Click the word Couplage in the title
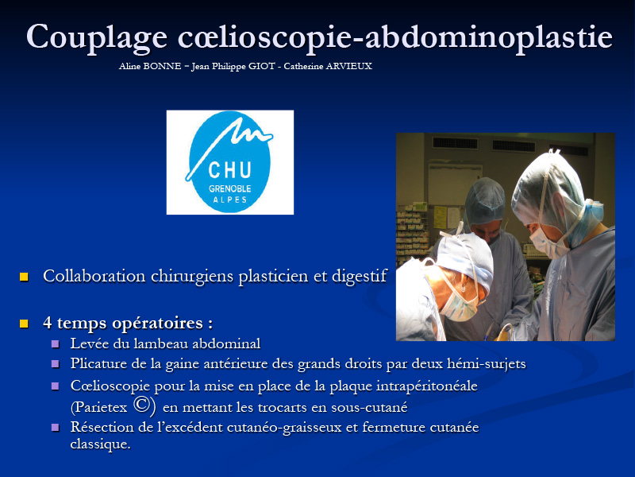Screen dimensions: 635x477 [97, 38]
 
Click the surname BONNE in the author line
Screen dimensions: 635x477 [162, 66]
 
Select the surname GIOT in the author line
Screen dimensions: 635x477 [262, 66]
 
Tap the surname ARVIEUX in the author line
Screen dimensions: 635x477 [348, 66]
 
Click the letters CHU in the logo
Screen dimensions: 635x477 [229, 169]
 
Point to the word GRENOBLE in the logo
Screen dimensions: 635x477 [229, 188]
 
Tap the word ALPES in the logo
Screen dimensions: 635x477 [230, 200]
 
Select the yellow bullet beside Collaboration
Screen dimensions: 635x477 [24, 277]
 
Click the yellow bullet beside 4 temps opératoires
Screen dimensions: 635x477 [24, 324]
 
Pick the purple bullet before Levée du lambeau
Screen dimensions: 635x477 [56, 344]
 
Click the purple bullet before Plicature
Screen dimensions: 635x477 [56, 364]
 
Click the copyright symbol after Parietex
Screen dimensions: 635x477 [142, 405]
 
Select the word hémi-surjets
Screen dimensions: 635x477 [487, 364]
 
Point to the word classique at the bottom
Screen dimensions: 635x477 [100, 444]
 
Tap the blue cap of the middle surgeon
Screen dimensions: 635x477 [485, 200]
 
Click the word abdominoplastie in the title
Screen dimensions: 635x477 [489, 38]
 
